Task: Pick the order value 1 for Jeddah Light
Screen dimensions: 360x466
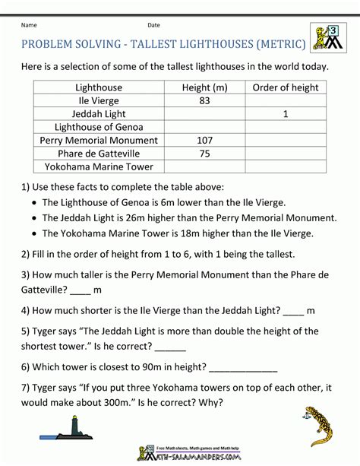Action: coord(285,113)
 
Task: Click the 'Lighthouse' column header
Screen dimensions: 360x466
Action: coord(99,87)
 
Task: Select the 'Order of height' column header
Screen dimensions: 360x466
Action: coord(285,87)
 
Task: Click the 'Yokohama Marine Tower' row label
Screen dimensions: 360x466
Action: coord(99,166)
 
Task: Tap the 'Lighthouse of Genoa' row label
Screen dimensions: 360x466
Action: coord(99,127)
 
